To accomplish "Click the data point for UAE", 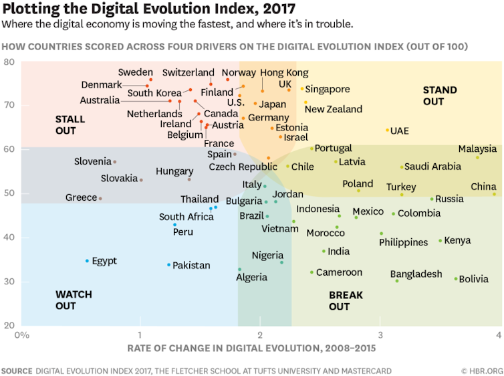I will coord(387,130).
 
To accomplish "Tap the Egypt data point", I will coord(87,261).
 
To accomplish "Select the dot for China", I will coord(495,194).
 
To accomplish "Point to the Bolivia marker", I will coord(456,279).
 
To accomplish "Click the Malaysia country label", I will coord(478,149).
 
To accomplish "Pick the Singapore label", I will coord(328,89).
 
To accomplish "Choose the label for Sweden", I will coord(136,72).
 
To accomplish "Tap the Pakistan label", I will coord(191,266).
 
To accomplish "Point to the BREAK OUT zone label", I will coord(348,300).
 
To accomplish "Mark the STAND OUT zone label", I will coord(440,96).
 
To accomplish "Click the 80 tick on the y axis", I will coord(9,62).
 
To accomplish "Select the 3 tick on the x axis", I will coord(380,334).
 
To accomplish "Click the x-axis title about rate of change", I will coord(251,348).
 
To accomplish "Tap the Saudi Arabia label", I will coord(433,167).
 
